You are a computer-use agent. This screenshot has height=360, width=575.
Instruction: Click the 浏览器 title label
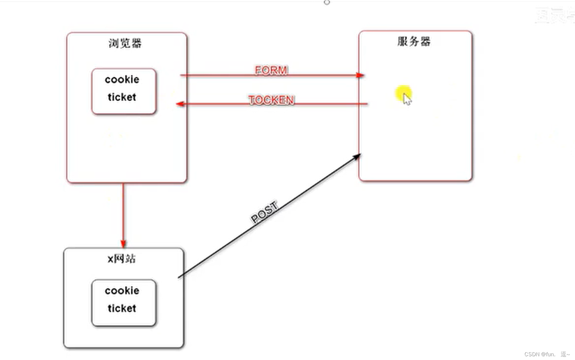click(125, 43)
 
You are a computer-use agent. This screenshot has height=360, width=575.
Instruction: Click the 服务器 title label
click(414, 42)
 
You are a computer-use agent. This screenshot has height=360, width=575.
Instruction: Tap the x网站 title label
click(121, 259)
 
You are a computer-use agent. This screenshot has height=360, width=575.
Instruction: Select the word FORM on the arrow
click(271, 70)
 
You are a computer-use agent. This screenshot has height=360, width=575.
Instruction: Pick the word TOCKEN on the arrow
click(271, 100)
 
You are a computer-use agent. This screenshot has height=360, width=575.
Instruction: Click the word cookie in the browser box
click(122, 80)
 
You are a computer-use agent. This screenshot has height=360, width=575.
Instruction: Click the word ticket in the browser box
click(122, 97)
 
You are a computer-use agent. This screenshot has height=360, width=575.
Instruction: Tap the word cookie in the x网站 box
click(122, 291)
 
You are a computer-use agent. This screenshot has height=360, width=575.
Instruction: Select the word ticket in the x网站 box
click(122, 308)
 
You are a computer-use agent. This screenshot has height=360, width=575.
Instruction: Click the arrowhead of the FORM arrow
click(360, 75)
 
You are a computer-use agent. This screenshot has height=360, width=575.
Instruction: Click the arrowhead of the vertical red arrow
click(123, 244)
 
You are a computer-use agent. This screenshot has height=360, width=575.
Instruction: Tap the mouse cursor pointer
click(407, 99)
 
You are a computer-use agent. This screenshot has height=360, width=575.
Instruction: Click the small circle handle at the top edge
click(327, 2)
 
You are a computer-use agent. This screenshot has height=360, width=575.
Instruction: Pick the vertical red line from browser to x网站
click(123, 212)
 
